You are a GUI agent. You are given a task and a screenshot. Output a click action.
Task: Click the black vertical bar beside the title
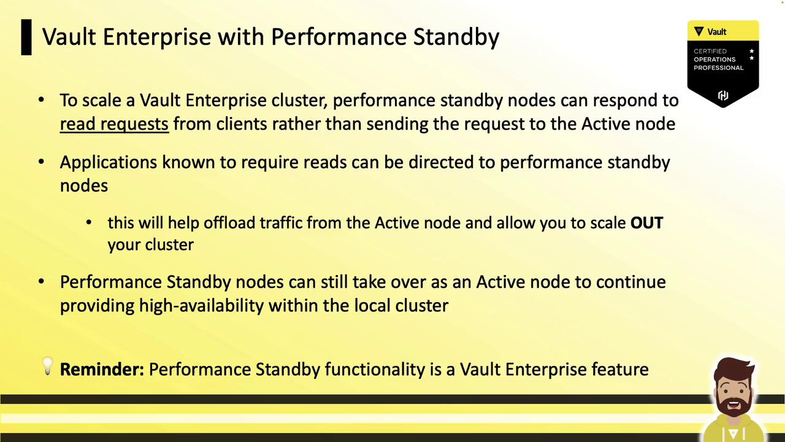coord(26,37)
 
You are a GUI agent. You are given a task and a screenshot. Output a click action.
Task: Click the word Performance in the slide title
coord(338,36)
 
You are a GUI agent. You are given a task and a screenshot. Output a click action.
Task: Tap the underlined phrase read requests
coord(114,125)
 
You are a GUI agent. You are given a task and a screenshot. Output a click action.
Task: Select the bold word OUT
coord(646,223)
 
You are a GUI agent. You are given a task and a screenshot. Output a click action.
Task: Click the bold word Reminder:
coord(102,370)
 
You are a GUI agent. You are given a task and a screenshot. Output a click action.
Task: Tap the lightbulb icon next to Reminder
coord(47,366)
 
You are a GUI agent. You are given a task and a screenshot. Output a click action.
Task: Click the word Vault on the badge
coord(717,32)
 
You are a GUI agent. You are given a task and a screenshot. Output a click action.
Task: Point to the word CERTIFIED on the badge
coord(710,51)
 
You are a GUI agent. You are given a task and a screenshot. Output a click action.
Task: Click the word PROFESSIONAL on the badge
coord(718,68)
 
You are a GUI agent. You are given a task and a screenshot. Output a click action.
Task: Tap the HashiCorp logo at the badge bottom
coord(723,95)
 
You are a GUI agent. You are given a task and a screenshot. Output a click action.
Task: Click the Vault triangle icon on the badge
coord(699,31)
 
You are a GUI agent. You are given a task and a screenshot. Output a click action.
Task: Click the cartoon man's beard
coord(733,404)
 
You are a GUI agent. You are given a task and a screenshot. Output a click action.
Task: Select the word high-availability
coord(201,306)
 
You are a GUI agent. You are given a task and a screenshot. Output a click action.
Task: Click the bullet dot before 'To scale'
coord(41,100)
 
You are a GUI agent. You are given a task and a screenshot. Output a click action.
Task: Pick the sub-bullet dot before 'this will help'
coord(89,222)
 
